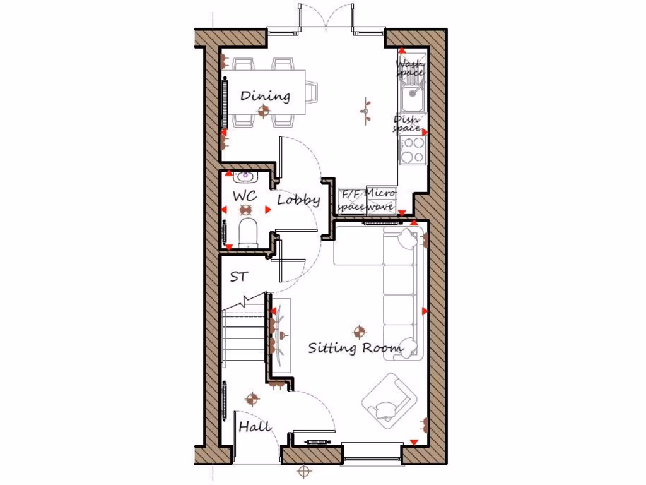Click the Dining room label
point(266,96)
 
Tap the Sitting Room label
point(355,348)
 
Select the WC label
point(244,196)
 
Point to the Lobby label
point(298,200)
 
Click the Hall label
point(254,427)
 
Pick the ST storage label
point(238,277)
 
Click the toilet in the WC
point(248,232)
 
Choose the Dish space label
point(407,123)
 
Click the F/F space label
point(351,200)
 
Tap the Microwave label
point(380,200)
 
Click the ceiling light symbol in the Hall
point(252,398)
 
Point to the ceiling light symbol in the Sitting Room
point(359,330)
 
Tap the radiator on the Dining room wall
point(225,103)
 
